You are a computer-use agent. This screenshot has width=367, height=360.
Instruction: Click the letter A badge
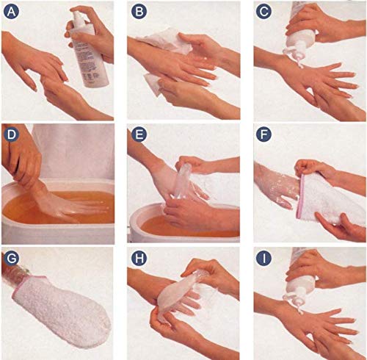tap(11, 12)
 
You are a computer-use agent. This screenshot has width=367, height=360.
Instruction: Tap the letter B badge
tap(139, 12)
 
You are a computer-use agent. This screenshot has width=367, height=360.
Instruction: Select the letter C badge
tap(264, 12)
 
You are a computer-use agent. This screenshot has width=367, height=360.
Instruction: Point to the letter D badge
tap(11, 134)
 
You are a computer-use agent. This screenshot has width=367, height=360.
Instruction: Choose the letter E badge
tap(139, 134)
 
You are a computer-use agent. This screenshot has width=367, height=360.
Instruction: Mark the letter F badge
tap(264, 134)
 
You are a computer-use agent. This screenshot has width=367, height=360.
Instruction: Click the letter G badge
tap(11, 258)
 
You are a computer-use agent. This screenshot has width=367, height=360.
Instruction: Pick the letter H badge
tap(139, 258)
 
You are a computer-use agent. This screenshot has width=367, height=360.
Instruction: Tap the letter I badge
tap(264, 258)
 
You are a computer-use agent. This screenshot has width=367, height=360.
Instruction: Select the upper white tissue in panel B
tap(167, 40)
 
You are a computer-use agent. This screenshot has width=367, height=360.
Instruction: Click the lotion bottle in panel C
tap(299, 35)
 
